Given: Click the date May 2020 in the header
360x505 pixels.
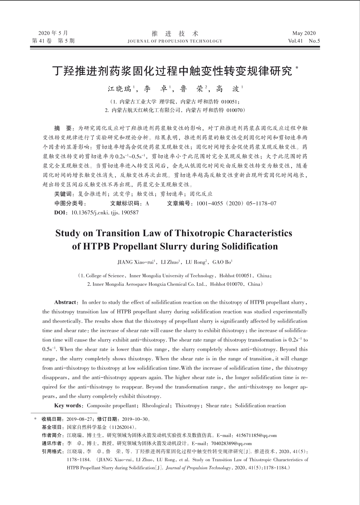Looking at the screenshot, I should [x=304, y=33].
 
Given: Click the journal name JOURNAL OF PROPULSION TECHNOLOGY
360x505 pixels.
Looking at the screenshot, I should [x=175, y=41].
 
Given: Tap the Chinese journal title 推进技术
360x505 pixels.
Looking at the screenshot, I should [x=175, y=33].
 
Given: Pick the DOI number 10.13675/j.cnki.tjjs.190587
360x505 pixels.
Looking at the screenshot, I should [x=105, y=213].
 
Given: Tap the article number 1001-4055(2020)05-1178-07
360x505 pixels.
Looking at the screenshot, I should [x=236, y=204].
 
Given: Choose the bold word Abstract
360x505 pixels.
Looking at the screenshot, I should [x=65, y=302].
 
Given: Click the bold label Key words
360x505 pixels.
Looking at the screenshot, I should [x=67, y=406].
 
